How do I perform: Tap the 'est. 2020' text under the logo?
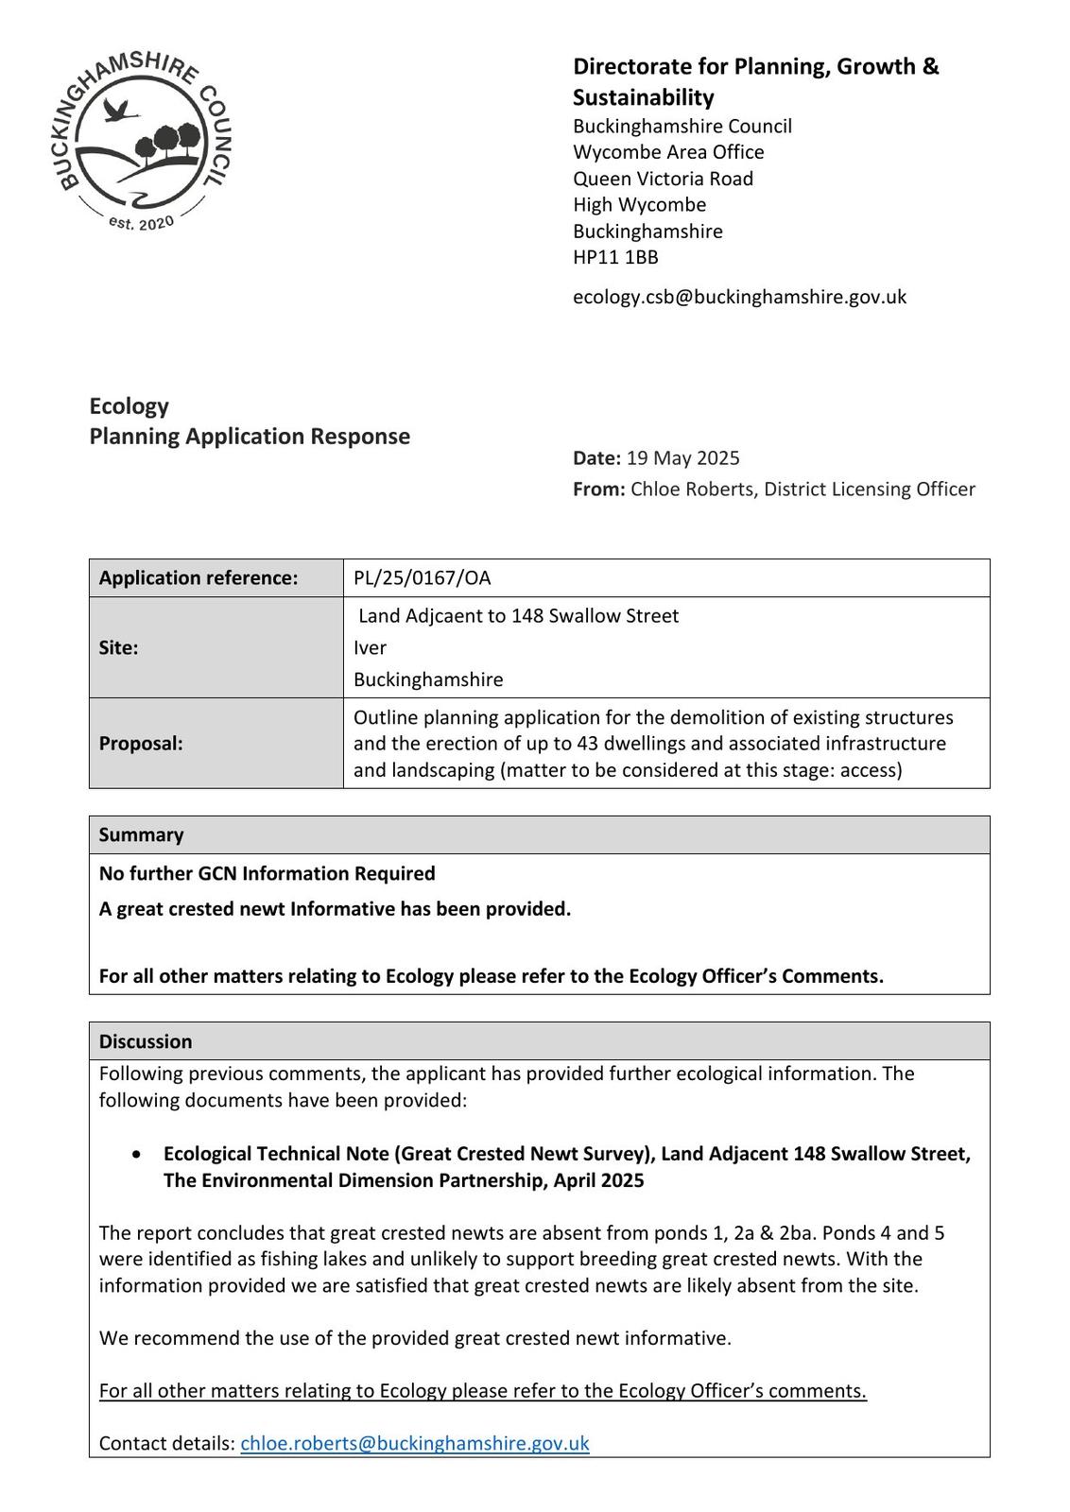tap(141, 223)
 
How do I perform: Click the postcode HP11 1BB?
tap(615, 257)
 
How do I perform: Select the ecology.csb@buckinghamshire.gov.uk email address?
tap(739, 297)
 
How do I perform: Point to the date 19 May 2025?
tap(682, 458)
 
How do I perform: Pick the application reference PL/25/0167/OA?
tap(422, 578)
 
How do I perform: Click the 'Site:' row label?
tap(118, 648)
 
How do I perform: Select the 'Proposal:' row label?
tap(141, 744)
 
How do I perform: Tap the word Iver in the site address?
tap(370, 648)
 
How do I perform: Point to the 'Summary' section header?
tap(141, 835)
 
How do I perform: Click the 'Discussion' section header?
tap(145, 1041)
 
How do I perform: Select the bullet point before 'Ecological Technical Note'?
tap(139, 1155)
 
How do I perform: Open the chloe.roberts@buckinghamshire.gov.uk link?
tap(414, 1444)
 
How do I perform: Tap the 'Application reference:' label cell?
tap(198, 578)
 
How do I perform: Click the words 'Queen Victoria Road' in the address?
tap(663, 179)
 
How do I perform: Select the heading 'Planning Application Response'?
tap(250, 437)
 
